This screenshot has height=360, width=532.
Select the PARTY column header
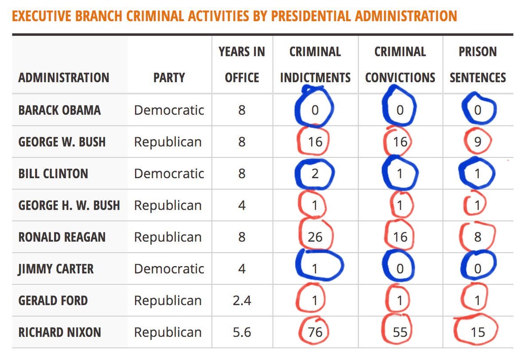click(169, 78)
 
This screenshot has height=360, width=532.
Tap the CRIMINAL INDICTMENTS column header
click(315, 65)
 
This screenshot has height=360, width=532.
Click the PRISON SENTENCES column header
click(478, 65)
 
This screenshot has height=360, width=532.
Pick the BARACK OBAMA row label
click(59, 110)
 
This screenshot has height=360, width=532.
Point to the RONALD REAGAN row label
click(62, 237)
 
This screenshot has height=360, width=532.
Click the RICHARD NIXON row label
click(60, 332)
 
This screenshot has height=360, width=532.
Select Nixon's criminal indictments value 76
click(315, 332)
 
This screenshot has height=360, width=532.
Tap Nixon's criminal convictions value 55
click(400, 332)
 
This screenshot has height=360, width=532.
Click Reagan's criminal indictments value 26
click(315, 237)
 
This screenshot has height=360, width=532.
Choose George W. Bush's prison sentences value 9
click(477, 142)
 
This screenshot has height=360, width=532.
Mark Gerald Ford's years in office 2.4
click(242, 301)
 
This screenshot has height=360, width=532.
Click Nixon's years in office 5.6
click(242, 332)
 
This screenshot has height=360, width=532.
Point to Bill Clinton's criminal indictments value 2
click(315, 173)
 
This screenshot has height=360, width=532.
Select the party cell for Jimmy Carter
click(169, 269)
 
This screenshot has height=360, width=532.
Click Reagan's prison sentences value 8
click(477, 237)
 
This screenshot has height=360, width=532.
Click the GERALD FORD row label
click(53, 301)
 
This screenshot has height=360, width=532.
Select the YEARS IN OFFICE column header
click(242, 65)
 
